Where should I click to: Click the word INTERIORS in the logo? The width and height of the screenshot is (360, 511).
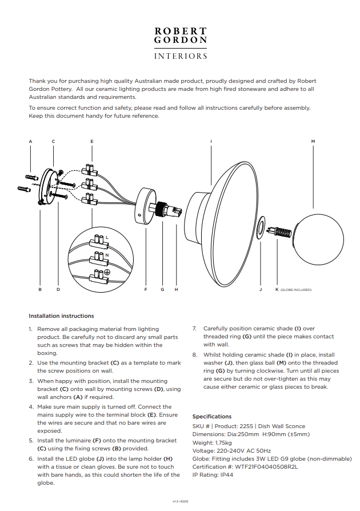click(181, 56)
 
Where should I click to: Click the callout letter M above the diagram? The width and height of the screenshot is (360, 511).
click(313, 141)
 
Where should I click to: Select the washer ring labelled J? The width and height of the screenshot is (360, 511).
click(261, 227)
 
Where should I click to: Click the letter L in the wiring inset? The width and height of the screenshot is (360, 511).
click(107, 237)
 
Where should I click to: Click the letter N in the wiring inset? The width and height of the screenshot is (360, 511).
click(107, 255)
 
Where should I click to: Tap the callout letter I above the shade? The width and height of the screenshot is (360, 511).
click(211, 141)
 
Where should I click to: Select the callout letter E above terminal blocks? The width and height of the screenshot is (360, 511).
click(92, 141)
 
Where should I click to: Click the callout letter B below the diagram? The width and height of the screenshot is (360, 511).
click(40, 289)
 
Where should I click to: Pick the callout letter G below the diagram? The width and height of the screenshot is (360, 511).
click(162, 289)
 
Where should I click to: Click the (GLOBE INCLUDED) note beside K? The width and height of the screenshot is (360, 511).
click(296, 290)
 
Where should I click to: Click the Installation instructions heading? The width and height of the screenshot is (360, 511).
click(61, 316)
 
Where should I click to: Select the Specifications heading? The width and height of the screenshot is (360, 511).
click(212, 417)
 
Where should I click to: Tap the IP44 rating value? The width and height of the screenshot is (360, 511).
click(227, 475)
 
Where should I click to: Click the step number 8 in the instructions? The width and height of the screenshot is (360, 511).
click(195, 355)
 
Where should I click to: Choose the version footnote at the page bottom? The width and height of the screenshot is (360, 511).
click(180, 501)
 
